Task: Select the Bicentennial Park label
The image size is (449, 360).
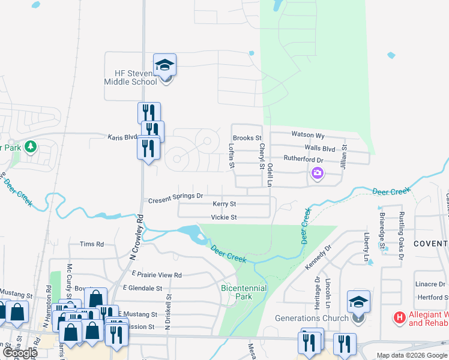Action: pos(244,292)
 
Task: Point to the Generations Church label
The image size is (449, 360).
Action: pos(312,318)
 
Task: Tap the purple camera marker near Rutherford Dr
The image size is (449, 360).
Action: pos(317,174)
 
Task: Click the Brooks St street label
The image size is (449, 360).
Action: pos(247,138)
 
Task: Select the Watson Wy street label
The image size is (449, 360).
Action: pos(307,135)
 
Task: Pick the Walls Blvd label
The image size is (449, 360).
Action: pos(319,148)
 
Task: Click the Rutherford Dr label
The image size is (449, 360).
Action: pos(303,160)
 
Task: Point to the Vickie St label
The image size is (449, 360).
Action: pos(224,217)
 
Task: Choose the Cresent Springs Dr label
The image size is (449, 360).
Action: pos(176,196)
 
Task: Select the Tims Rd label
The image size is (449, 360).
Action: pos(92,244)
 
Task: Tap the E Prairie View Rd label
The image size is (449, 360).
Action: pos(157,274)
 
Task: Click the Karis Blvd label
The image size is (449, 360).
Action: pos(122,137)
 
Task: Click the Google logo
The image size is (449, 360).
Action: pos(19,353)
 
